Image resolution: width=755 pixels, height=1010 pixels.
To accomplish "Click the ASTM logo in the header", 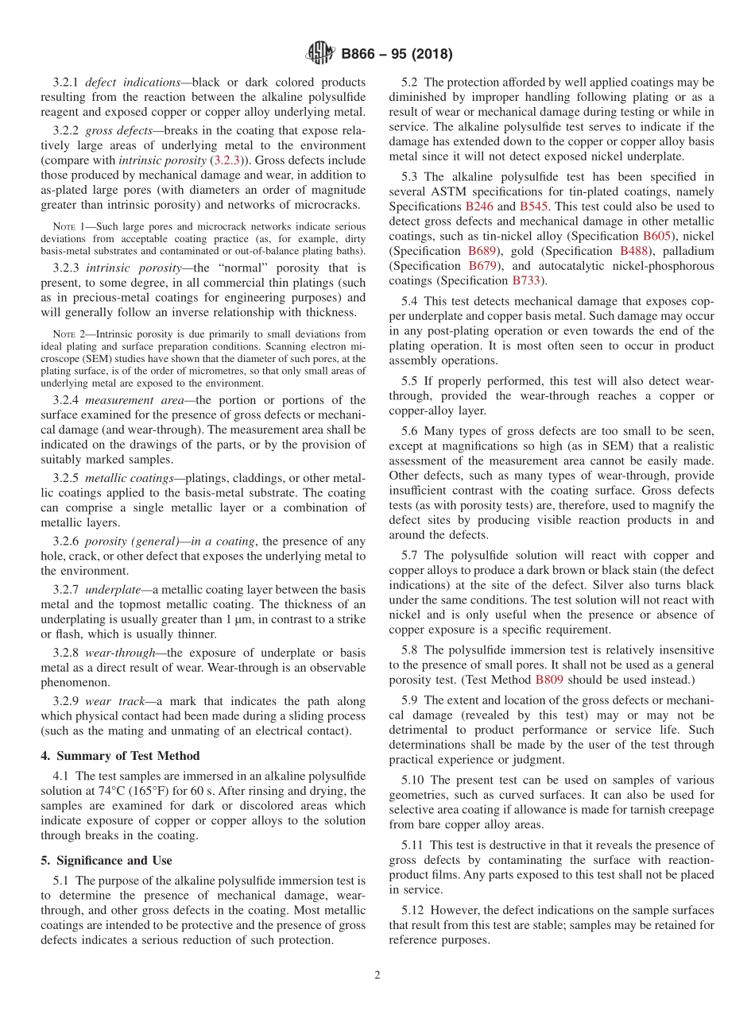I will [321, 54].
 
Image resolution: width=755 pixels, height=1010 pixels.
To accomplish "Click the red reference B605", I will [656, 236].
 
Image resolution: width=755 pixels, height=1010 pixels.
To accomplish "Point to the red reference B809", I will [551, 680].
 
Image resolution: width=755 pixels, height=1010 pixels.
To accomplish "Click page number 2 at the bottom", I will [377, 975].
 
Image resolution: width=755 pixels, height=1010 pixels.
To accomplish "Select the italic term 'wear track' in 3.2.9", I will [112, 701].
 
